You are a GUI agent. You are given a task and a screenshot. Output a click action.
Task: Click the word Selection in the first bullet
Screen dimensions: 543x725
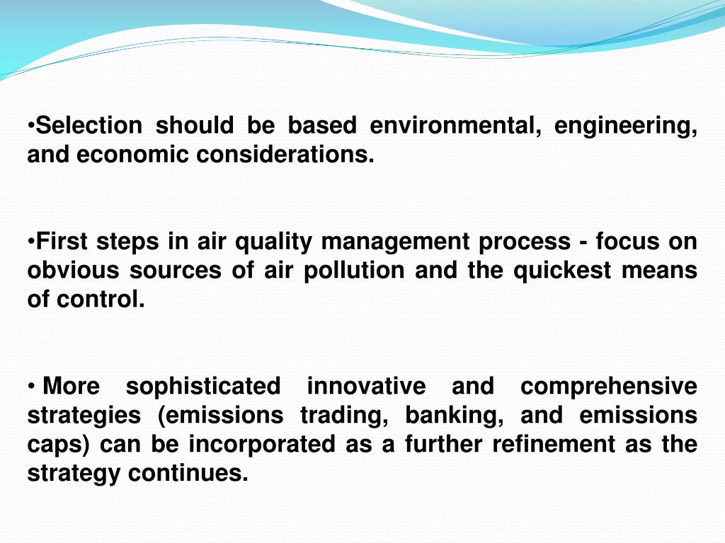[89, 126]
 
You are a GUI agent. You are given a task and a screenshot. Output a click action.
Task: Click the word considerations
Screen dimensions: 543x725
[285, 155]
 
